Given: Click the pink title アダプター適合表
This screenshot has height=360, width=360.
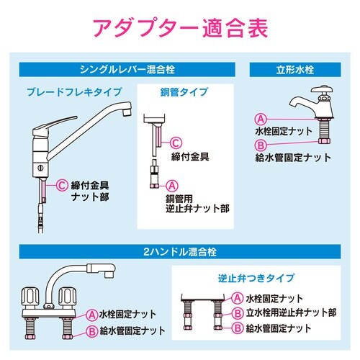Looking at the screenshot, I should click(x=179, y=30).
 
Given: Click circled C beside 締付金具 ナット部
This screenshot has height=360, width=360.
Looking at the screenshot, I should click(x=63, y=185).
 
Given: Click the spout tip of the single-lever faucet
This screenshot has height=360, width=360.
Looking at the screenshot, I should click(x=127, y=109).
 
